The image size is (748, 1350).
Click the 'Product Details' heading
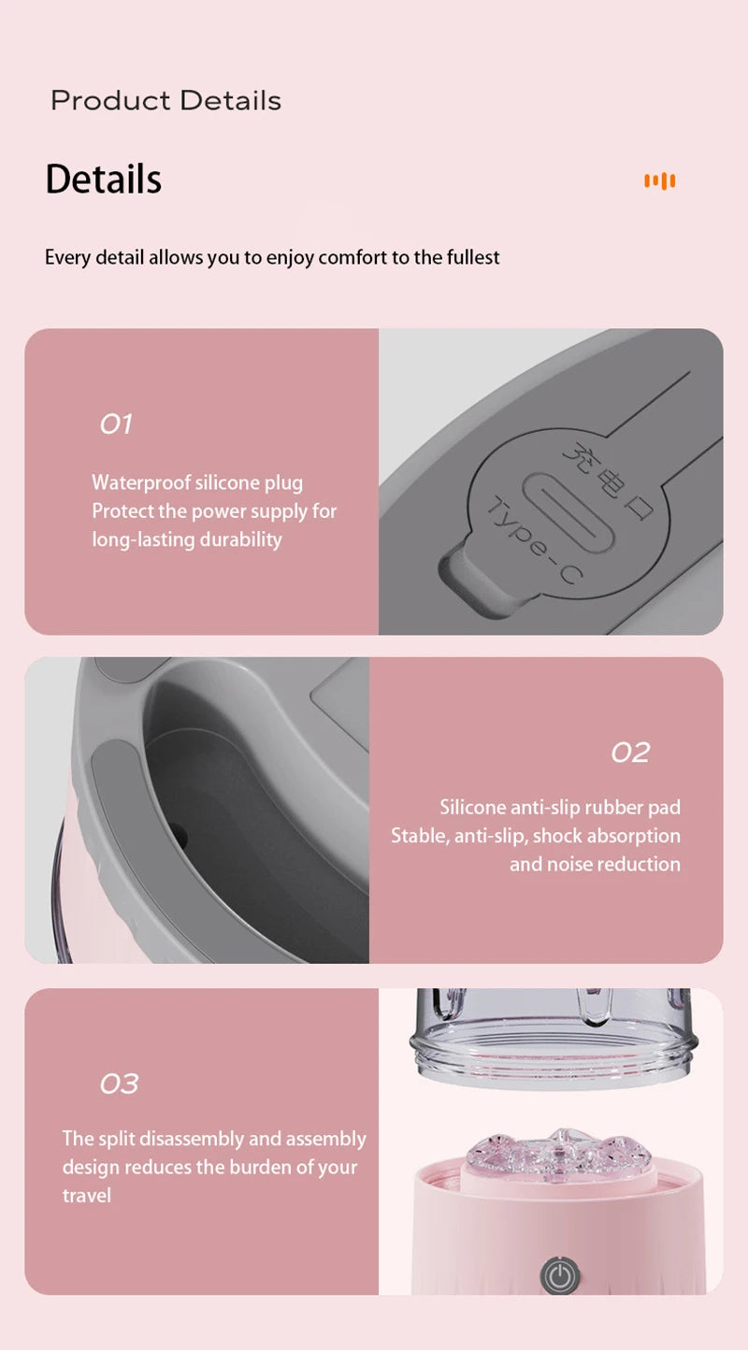165,100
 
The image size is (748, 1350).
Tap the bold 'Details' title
103,179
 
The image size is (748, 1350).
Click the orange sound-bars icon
660,180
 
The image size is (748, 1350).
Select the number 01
116,424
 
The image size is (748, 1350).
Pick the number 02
630,753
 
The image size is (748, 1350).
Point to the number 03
119,1084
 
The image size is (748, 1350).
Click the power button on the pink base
559,1275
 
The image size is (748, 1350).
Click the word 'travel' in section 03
87,1195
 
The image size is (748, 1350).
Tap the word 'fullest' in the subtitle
470,257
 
